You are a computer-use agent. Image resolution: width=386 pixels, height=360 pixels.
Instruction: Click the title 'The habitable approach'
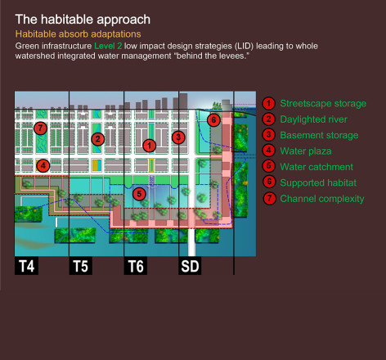(83, 20)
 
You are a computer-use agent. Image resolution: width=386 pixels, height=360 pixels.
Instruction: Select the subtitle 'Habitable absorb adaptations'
(79, 34)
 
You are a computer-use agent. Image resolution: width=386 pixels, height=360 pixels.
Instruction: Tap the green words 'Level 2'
(108, 46)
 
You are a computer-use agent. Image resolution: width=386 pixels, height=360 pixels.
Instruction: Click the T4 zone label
(26, 266)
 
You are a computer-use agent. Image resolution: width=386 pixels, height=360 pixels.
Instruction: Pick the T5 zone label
(81, 266)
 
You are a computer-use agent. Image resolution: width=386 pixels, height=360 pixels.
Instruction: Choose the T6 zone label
(136, 266)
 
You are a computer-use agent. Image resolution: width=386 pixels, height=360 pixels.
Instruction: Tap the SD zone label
(190, 266)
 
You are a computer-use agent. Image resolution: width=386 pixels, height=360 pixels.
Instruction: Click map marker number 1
(150, 146)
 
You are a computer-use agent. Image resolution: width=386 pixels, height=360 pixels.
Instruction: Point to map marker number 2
(98, 139)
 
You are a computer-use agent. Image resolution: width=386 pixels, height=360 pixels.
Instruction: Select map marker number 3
(178, 137)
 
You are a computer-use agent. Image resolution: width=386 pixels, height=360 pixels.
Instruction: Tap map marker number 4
(43, 165)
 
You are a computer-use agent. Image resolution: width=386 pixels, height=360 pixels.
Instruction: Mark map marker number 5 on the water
(139, 194)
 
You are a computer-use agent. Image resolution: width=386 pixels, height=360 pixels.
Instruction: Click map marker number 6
(213, 120)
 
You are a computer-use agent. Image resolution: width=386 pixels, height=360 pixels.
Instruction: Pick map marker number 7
(40, 128)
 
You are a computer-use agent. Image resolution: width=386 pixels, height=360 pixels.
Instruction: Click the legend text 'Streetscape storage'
(323, 104)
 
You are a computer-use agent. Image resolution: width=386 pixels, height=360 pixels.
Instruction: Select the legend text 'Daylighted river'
(313, 119)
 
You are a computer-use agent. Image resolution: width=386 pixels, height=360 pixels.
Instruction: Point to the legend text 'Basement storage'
(319, 135)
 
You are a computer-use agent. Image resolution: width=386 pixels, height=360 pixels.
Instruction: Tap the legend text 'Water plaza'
(306, 151)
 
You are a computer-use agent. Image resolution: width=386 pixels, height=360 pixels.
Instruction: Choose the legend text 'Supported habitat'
(318, 182)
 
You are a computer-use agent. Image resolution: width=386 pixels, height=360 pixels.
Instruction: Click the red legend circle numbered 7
(269, 198)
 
